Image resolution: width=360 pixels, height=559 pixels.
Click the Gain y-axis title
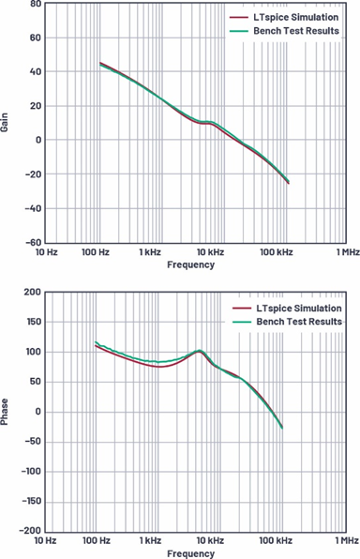5,122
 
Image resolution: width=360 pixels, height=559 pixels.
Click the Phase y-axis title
5,412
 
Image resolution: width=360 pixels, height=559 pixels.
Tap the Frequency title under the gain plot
190,264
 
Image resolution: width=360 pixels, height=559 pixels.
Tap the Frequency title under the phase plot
190,553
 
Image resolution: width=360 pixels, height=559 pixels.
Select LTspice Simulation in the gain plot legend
296,17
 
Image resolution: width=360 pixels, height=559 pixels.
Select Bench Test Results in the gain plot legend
296,31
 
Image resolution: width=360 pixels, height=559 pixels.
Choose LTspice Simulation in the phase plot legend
299,309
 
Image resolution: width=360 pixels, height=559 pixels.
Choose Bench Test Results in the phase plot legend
299,322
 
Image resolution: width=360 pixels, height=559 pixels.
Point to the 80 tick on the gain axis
36,4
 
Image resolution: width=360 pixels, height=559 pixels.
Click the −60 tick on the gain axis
34,242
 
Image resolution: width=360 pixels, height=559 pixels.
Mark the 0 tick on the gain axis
38,140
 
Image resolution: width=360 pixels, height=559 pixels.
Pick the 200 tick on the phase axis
33,292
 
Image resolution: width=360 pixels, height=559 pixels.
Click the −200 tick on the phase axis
30,531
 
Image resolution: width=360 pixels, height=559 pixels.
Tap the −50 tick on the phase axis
33,442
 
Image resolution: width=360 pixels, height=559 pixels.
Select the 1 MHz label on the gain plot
348,252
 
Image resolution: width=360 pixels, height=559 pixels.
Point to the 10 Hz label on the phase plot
45,540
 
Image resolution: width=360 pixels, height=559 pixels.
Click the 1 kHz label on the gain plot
150,252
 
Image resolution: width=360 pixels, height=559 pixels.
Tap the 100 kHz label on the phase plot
276,540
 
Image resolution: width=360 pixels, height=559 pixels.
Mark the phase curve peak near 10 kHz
200,351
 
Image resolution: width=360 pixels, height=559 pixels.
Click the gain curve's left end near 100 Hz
100,63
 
